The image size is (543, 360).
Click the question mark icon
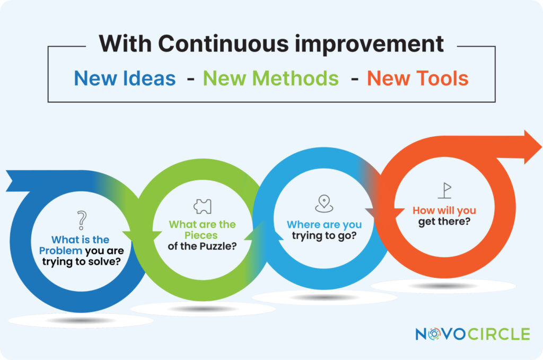pos(82,220)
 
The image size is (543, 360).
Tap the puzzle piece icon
pos(203,207)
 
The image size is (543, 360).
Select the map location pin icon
pos(324,204)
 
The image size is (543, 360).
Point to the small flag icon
pos(445,190)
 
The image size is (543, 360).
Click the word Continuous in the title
pos(223,44)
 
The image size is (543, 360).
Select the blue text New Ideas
pos(125,78)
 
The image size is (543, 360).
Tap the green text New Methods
pos(271,78)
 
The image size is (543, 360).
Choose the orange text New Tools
pos(418,78)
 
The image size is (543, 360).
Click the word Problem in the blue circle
pos(60,251)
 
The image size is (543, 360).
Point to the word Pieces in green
pos(201,235)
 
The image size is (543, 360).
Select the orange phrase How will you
pos(444,210)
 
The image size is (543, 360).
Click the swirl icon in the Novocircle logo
pos(434,333)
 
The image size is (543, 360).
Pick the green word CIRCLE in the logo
pos(499,334)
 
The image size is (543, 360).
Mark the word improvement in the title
pos(369,44)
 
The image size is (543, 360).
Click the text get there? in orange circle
pos(444,222)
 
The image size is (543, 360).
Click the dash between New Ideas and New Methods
pos(190,80)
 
